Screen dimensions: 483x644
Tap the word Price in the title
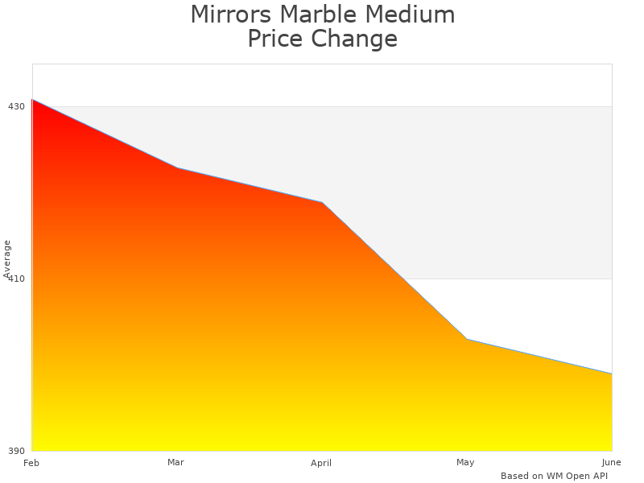tap(276, 39)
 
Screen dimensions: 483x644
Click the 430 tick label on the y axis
tap(16, 106)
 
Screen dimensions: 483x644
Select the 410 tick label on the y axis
tap(16, 279)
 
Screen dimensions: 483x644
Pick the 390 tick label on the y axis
tap(16, 451)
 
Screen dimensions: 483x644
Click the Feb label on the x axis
tap(31, 463)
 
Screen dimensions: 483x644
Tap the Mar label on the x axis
tap(176, 462)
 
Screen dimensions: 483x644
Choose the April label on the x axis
tap(321, 463)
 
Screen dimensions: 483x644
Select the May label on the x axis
tap(465, 462)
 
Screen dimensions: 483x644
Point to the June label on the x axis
tap(611, 462)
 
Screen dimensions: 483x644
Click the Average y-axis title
tap(7, 258)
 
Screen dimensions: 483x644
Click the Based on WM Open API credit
tap(554, 476)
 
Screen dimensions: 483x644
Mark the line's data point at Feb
tap(32, 100)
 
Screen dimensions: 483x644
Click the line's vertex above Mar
tap(177, 168)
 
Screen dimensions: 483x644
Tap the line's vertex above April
tap(322, 202)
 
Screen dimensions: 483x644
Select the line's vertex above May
tap(467, 340)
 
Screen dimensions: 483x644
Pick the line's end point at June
tap(612, 374)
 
